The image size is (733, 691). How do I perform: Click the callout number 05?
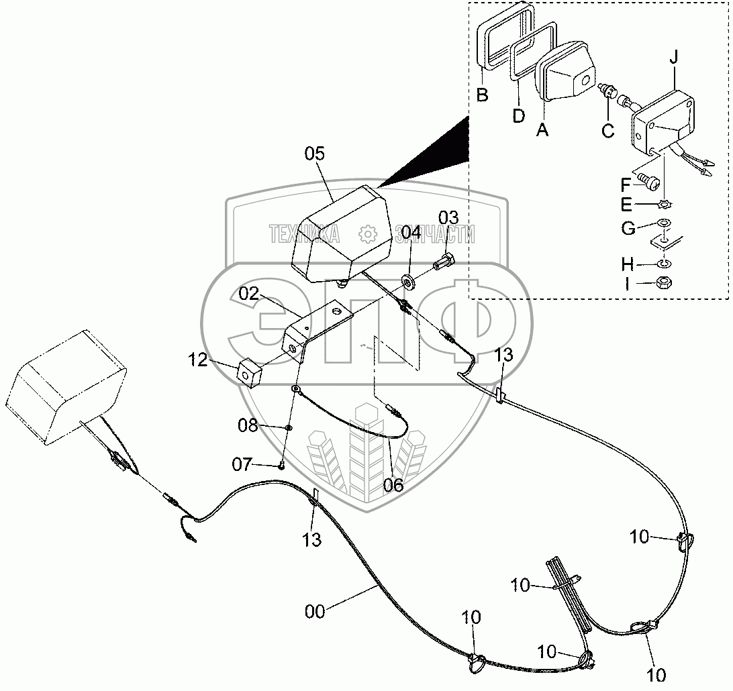pos(314,154)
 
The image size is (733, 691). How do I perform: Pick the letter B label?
pos(482,95)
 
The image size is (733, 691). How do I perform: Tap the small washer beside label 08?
pos(288,427)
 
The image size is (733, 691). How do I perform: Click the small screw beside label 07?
pos(283,465)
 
